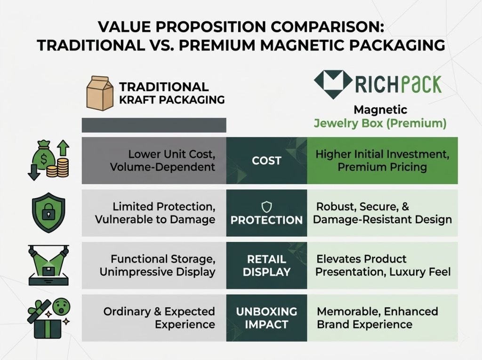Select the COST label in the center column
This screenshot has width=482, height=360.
pyautogui.click(x=266, y=160)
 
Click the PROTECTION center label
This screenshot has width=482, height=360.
pyautogui.click(x=266, y=220)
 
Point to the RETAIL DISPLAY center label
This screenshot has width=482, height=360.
pyautogui.click(x=266, y=265)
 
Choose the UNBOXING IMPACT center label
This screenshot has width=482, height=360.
pyautogui.click(x=266, y=318)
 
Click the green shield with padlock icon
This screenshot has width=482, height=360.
pyautogui.click(x=48, y=212)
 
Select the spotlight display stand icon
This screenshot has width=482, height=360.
pyautogui.click(x=49, y=264)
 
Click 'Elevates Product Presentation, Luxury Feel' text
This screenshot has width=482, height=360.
pyautogui.click(x=383, y=265)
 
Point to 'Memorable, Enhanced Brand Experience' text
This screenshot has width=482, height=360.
pyautogui.click(x=377, y=318)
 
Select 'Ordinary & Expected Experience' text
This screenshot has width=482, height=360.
pyautogui.click(x=159, y=318)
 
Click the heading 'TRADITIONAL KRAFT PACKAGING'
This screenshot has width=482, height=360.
pyautogui.click(x=171, y=93)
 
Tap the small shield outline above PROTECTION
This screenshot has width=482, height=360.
pyautogui.click(x=266, y=206)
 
